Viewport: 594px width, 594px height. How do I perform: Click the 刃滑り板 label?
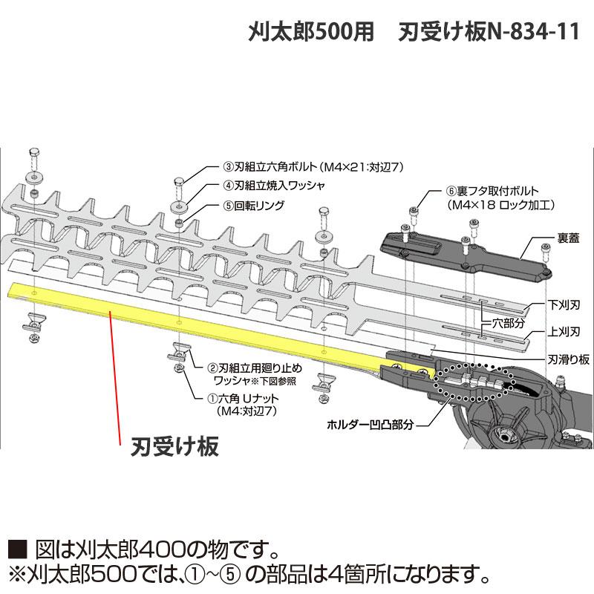[568, 359]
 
